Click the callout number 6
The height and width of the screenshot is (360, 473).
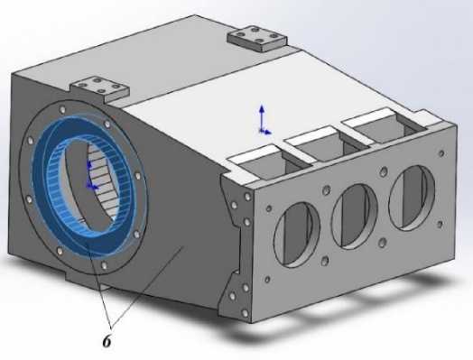[107, 341]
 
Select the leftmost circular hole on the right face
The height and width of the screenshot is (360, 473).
[297, 235]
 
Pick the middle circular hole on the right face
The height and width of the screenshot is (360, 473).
[355, 217]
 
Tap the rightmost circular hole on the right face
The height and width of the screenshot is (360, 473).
[412, 198]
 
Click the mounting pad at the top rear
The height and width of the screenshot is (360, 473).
[257, 38]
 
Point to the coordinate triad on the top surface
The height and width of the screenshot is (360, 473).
[264, 121]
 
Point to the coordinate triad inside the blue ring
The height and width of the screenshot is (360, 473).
[91, 176]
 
